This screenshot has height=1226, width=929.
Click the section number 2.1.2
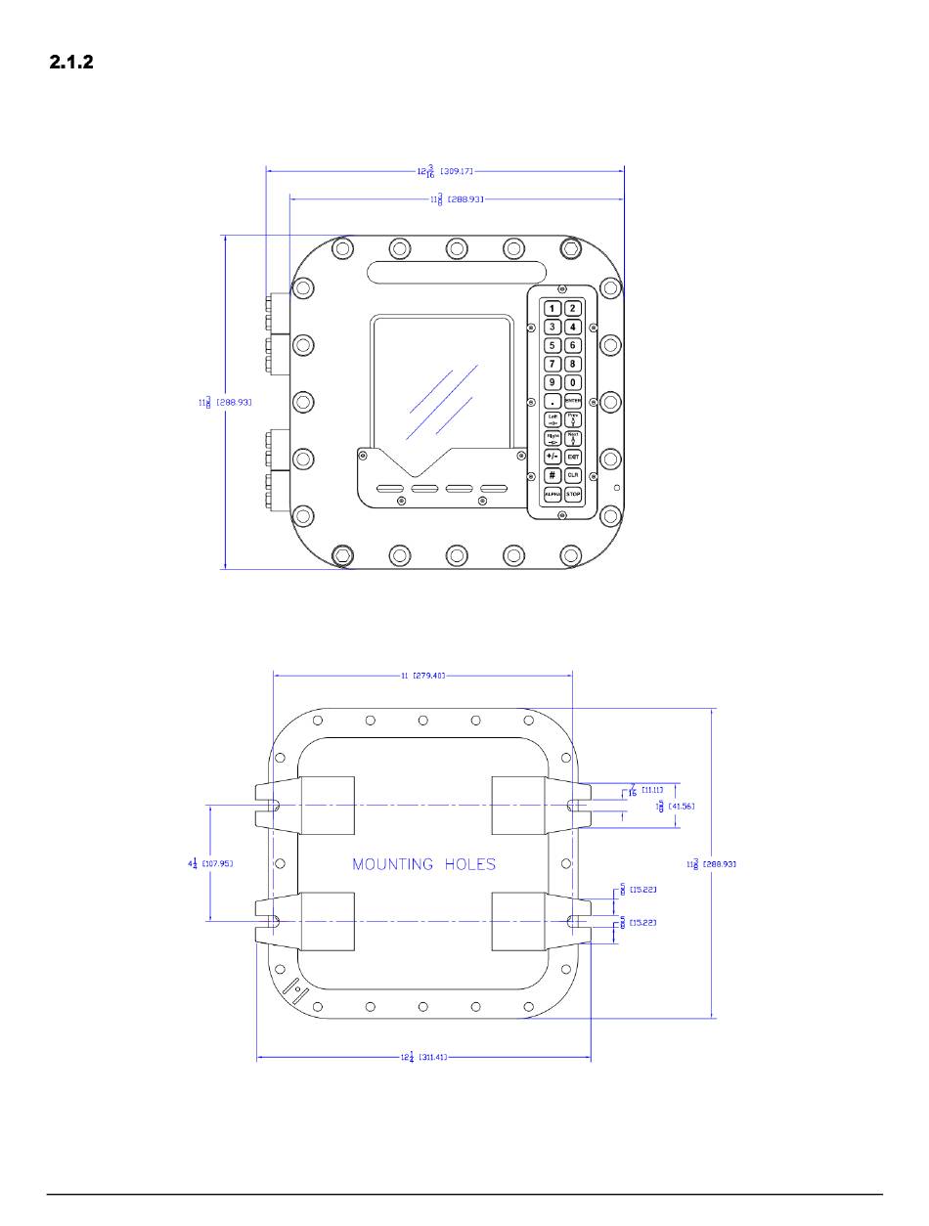click(x=71, y=64)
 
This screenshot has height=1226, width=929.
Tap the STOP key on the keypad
click(x=573, y=495)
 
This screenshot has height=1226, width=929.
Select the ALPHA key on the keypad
click(x=553, y=495)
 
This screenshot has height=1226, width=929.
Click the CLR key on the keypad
click(x=573, y=475)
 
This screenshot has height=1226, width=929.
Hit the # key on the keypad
click(x=553, y=475)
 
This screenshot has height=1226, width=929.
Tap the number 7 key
click(x=553, y=364)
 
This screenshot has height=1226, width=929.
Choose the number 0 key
click(x=573, y=382)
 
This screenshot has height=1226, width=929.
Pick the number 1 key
click(x=553, y=308)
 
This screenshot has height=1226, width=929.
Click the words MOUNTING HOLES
click(x=423, y=864)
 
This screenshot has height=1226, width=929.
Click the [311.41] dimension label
click(x=434, y=1058)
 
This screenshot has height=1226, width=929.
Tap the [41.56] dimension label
click(x=681, y=807)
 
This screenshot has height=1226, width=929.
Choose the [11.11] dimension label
click(x=652, y=789)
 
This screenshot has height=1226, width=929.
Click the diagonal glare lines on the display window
click(x=442, y=401)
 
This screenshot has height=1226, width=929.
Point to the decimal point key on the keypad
click(x=553, y=401)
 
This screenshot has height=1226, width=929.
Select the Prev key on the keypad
click(x=573, y=419)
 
